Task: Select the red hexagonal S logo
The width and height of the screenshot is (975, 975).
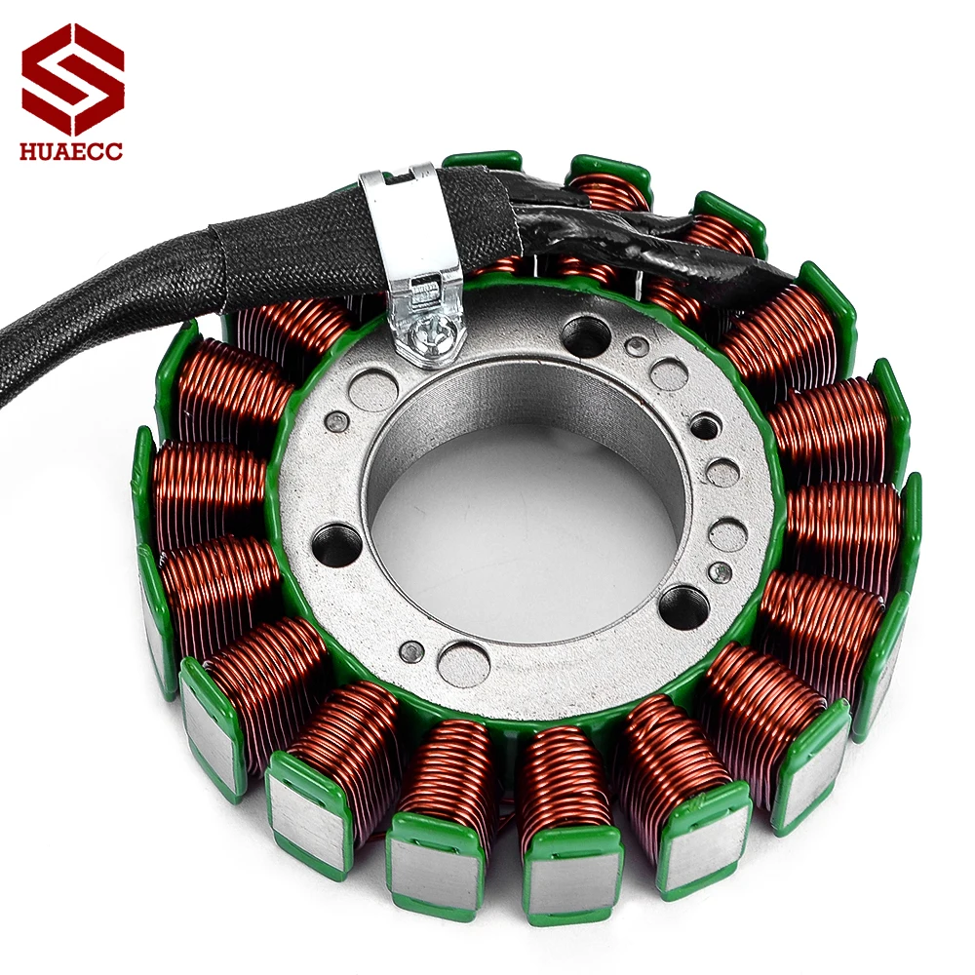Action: click(x=73, y=78)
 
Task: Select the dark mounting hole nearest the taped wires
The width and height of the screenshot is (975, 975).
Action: click(x=586, y=336)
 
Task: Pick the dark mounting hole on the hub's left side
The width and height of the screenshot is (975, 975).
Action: click(x=337, y=542)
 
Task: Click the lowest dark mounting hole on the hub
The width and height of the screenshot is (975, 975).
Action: click(x=682, y=608)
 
